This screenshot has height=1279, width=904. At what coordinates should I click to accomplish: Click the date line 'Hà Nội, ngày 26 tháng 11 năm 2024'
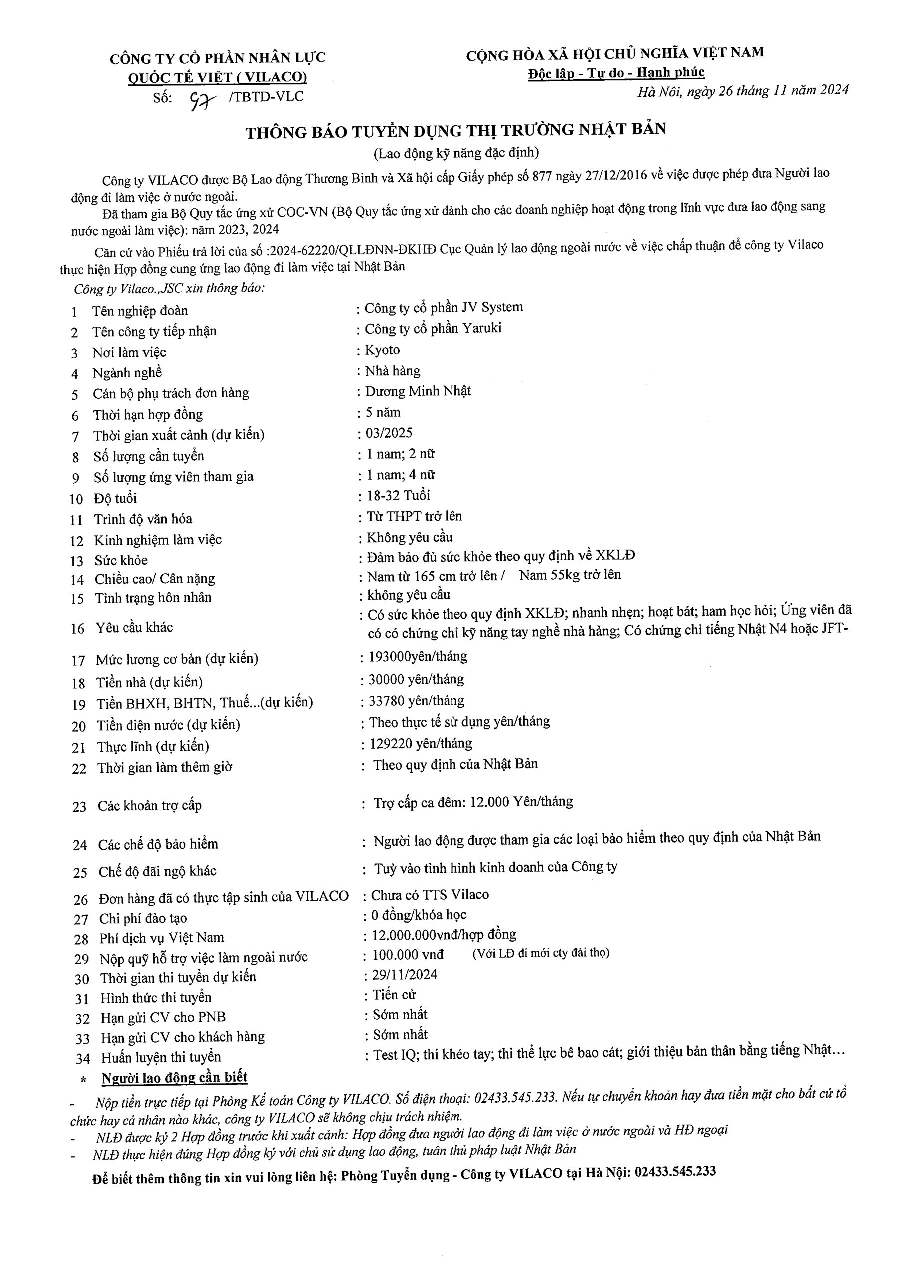click(x=743, y=91)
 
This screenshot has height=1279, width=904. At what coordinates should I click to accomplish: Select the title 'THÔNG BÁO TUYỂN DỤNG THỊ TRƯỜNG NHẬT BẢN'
click(x=455, y=131)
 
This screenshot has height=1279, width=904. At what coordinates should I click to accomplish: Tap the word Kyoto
click(x=382, y=350)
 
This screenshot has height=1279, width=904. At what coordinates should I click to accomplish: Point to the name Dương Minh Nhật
click(x=418, y=391)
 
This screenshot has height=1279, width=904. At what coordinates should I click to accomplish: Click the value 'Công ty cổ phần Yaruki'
click(x=433, y=329)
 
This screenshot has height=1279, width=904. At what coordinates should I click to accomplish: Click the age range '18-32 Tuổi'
click(x=398, y=495)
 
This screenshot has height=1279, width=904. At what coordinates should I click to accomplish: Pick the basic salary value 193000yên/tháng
click(x=418, y=657)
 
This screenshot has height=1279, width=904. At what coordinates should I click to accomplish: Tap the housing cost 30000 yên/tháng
click(x=416, y=679)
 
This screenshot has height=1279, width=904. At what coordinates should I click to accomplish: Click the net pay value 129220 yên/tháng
click(x=421, y=744)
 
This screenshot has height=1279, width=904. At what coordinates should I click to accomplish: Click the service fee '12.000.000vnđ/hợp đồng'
click(x=444, y=934)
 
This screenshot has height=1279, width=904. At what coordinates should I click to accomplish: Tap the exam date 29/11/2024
click(x=405, y=974)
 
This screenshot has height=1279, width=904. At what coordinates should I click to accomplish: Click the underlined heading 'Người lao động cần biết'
click(x=174, y=1078)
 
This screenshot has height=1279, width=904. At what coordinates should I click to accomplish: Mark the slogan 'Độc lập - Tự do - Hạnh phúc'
click(x=616, y=73)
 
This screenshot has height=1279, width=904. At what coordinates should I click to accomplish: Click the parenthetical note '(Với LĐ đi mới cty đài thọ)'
click(x=541, y=953)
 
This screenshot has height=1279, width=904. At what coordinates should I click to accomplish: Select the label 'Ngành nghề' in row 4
click(x=127, y=373)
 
